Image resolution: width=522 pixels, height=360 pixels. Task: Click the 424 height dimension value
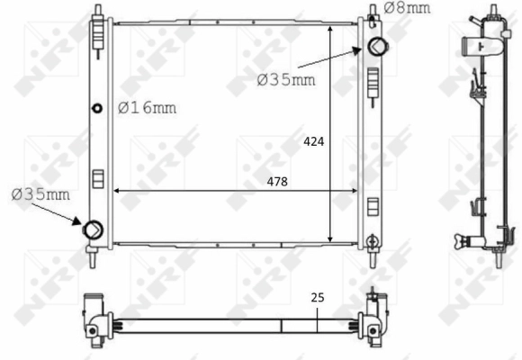313,142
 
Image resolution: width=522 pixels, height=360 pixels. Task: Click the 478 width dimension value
277,182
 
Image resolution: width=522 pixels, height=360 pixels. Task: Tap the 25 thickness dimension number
318,297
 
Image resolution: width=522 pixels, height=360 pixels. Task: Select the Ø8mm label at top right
407,8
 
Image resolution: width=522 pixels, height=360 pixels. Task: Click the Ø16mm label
147,108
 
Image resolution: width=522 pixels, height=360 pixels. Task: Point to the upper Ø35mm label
286,80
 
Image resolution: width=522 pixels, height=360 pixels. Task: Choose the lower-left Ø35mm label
40,194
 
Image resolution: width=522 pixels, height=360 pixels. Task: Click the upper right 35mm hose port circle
377,46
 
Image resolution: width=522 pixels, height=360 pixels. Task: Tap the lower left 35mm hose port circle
93,229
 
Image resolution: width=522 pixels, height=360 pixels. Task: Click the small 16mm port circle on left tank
97,108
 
